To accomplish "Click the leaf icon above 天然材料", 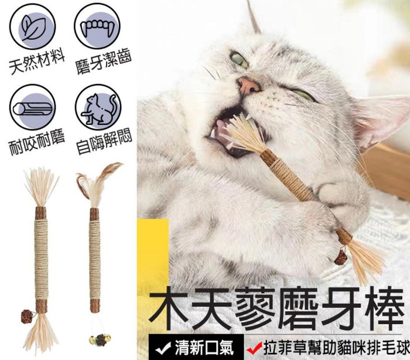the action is [x=33, y=26].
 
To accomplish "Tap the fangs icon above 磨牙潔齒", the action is [x=97, y=26].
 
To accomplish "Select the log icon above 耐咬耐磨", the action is [x=33, y=107].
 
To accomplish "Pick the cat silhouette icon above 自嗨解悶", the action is [x=98, y=107].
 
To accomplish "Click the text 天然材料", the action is [x=36, y=62].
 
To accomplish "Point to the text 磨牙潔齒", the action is [x=104, y=62].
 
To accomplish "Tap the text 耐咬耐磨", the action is [x=36, y=143].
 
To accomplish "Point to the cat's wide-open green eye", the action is [x=239, y=59].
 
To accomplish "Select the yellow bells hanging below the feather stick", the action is [x=98, y=340].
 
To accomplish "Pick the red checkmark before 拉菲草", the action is [x=254, y=348].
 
